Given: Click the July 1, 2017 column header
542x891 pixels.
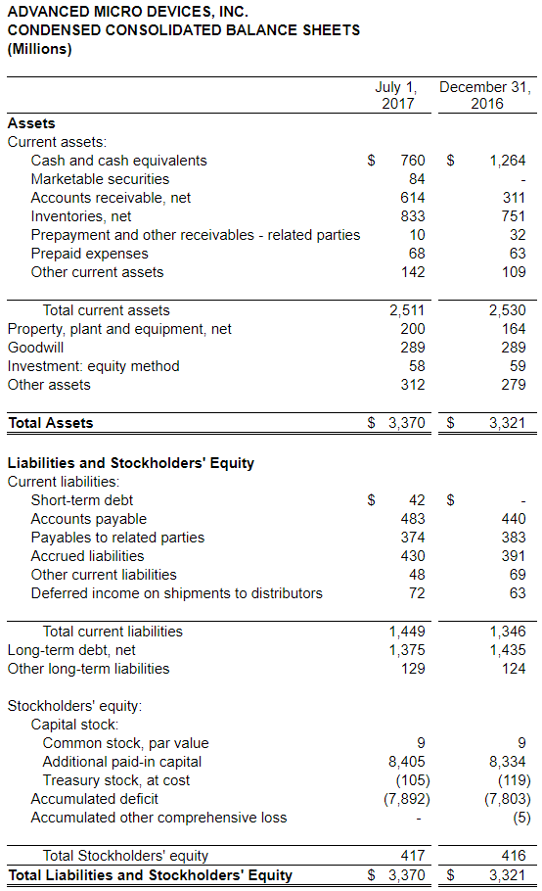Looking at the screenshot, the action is [x=396, y=95].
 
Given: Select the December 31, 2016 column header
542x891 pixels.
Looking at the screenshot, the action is [x=486, y=95].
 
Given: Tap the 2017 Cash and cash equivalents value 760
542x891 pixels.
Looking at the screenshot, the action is [x=413, y=161].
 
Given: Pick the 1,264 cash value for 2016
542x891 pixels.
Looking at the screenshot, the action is [x=508, y=161].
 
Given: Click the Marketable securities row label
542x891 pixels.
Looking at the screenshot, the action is [x=100, y=179].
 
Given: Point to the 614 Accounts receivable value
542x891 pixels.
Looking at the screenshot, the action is [x=413, y=198].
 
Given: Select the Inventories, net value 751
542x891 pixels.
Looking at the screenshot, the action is [x=514, y=216].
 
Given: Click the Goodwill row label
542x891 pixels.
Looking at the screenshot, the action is [x=35, y=348].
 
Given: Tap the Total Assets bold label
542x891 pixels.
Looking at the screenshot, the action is [x=51, y=423].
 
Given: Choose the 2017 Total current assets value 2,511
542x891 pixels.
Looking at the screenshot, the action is [x=407, y=310].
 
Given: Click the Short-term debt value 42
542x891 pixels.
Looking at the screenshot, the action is [x=417, y=500].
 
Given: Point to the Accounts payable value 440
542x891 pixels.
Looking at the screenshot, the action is [x=514, y=519].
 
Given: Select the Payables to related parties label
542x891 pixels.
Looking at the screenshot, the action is [x=117, y=538].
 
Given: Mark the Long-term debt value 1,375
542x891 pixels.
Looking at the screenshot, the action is [x=407, y=650].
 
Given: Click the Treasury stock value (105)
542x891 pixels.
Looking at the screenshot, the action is [x=413, y=780].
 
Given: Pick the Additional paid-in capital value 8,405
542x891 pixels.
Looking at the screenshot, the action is [x=407, y=762].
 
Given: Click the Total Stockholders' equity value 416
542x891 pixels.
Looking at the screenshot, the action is [x=514, y=855].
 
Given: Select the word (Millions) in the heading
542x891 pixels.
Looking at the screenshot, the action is [x=40, y=49].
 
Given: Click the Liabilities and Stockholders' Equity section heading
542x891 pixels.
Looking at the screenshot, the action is [x=130, y=463].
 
